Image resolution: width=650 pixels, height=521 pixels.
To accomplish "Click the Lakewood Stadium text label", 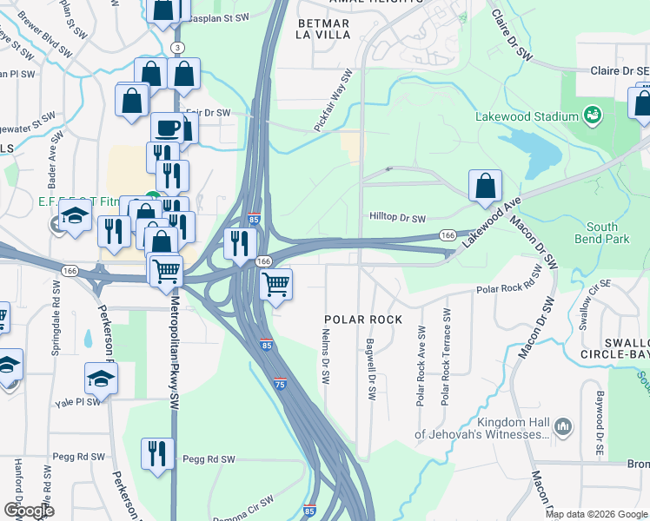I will click(x=527, y=116).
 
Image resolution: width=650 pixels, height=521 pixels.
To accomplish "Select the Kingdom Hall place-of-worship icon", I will click(x=563, y=426).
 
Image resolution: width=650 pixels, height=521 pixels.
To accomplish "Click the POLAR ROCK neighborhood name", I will click(x=363, y=320).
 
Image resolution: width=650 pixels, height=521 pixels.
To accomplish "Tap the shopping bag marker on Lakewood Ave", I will click(x=485, y=186).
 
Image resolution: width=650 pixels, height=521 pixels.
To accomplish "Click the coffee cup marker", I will click(x=168, y=129).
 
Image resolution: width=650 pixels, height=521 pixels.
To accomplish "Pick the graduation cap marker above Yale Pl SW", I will click(x=101, y=379).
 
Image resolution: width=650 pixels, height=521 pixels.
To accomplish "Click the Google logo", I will click(x=28, y=510).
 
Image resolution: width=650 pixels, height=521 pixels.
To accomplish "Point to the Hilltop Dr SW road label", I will click(x=398, y=219).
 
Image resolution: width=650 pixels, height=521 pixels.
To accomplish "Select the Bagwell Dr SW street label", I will click(x=370, y=369).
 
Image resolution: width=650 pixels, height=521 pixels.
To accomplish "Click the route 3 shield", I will click(x=177, y=46).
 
